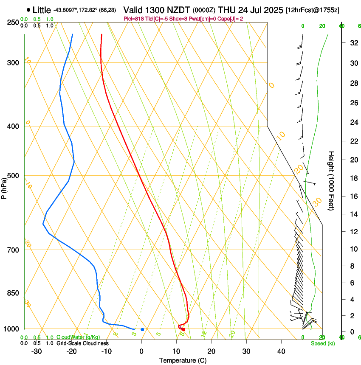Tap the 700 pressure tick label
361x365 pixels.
(x=13, y=250)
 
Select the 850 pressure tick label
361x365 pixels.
(x=13, y=293)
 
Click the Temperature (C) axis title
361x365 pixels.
(x=183, y=360)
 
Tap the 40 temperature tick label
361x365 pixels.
(x=281, y=351)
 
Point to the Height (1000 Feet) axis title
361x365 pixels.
(x=332, y=181)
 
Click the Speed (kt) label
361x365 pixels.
(x=322, y=343)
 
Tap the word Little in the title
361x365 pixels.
(x=41, y=10)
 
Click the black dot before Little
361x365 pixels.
(x=28, y=10)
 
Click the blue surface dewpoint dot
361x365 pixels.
(x=142, y=329)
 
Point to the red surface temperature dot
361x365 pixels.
(x=183, y=329)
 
